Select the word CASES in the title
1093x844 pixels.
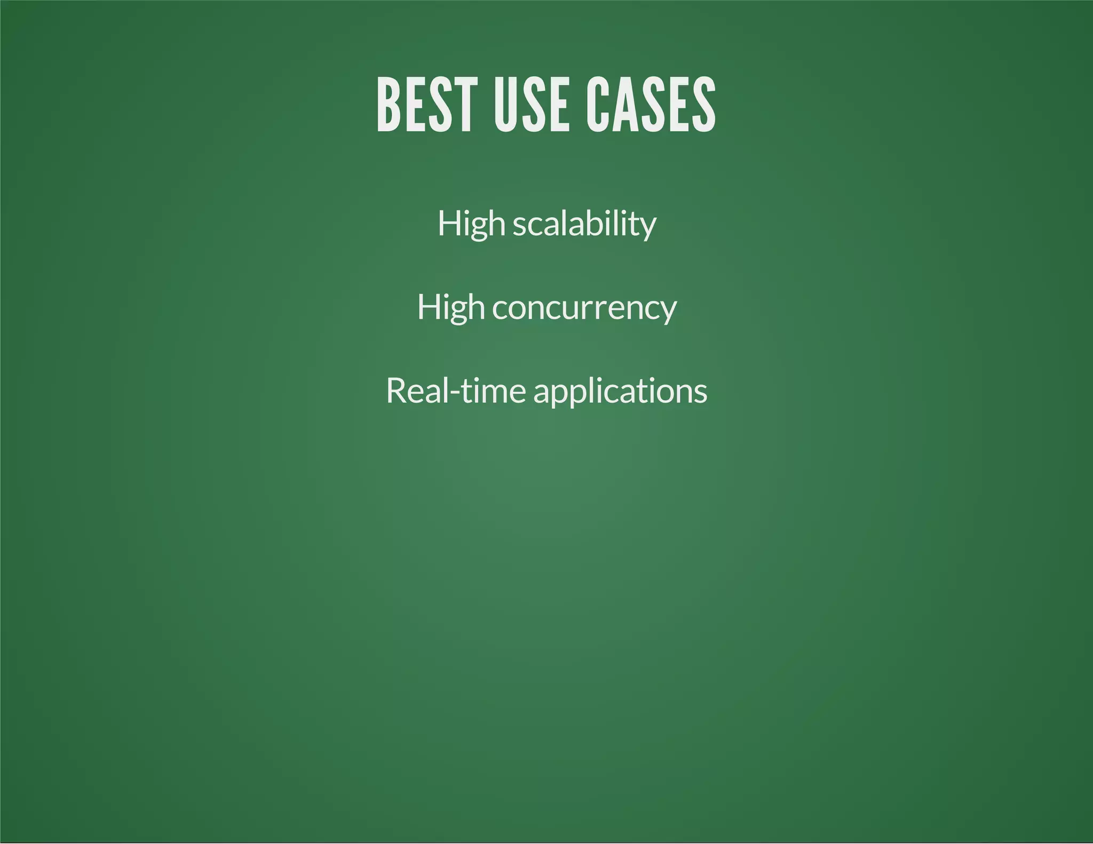[651, 105]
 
